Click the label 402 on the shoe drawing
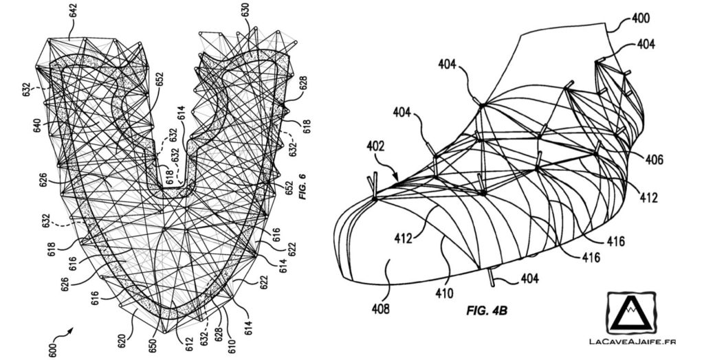pos(376,146)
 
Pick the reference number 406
pos(654,159)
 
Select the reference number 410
pos(443,295)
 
